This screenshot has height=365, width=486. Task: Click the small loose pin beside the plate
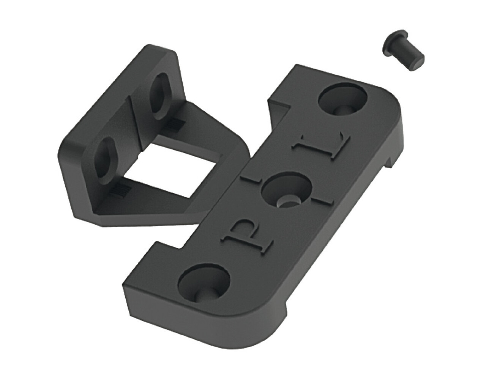[x=403, y=51]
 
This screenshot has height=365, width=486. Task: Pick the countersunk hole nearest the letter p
[x=205, y=284]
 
